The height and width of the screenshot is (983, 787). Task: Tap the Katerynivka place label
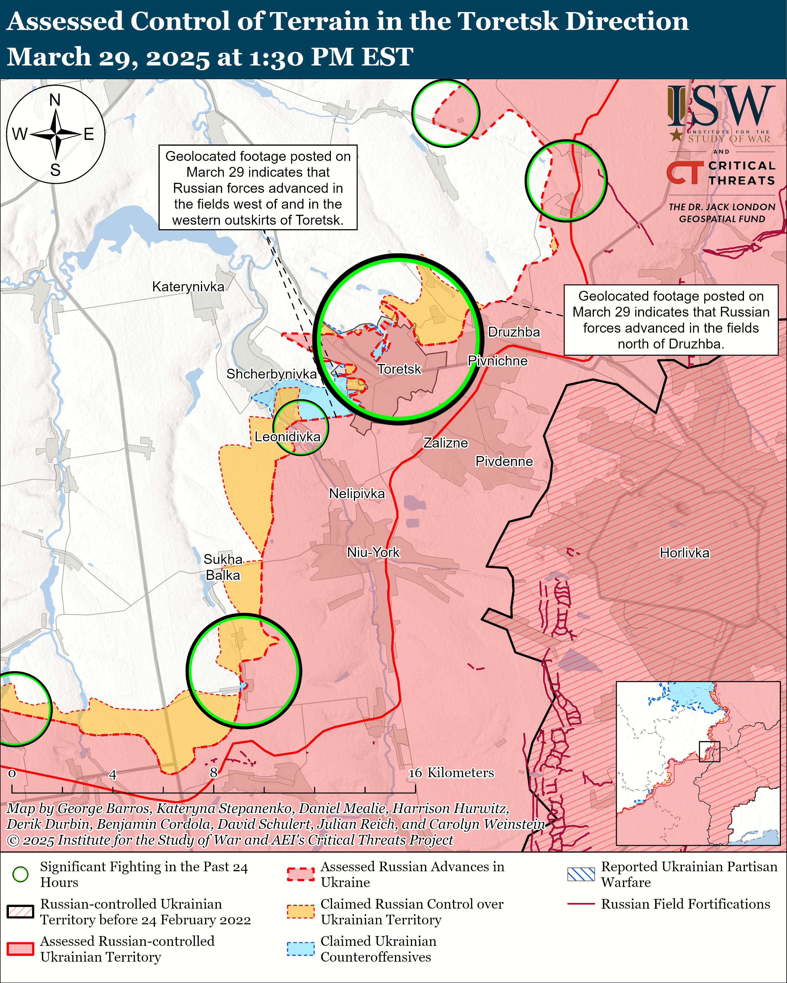[x=188, y=287]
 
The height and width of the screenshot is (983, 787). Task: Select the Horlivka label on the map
[x=684, y=553]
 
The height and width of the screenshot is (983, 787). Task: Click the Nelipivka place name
[x=357, y=494]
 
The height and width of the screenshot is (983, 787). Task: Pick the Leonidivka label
[x=287, y=437]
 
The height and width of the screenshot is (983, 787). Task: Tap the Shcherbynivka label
[x=271, y=374]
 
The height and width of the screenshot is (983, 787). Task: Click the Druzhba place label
[x=514, y=332]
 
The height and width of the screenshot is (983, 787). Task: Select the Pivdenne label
[x=504, y=461]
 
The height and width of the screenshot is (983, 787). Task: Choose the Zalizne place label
[x=446, y=443]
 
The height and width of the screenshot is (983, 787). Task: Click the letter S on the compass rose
[x=55, y=170]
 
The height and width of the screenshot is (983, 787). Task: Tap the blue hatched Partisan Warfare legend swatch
[x=581, y=874]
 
